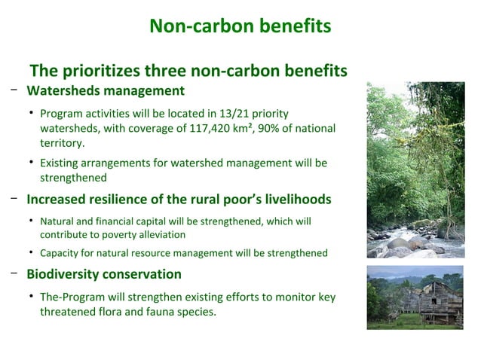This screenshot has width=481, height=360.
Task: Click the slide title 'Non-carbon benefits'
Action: (x=240, y=26)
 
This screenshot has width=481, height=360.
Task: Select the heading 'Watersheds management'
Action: (x=106, y=91)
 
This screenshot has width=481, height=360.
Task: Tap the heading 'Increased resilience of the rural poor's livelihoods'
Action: (x=179, y=200)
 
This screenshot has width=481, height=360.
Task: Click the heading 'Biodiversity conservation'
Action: (x=104, y=273)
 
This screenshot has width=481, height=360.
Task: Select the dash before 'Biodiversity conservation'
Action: (x=14, y=272)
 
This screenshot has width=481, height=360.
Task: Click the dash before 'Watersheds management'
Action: (x=14, y=90)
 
